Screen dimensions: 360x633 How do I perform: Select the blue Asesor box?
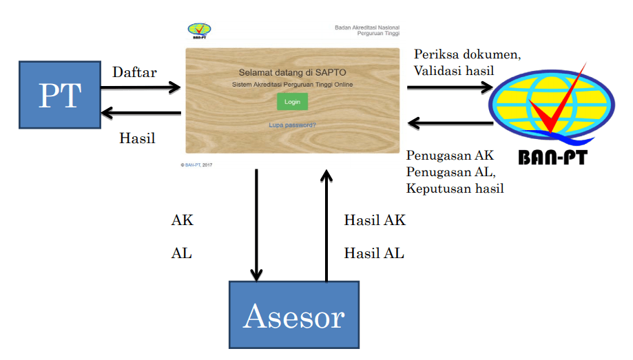(294, 315)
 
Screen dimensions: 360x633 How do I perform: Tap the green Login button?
(292, 102)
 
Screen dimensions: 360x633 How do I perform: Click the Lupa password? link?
(292, 125)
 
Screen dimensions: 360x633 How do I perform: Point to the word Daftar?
(135, 72)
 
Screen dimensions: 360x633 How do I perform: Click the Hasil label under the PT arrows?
(137, 138)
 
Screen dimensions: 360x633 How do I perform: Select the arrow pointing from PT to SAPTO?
(141, 87)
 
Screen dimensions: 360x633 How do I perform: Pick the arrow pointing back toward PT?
(141, 113)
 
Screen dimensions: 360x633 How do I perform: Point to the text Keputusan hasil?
(455, 188)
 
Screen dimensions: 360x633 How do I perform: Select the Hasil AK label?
(375, 220)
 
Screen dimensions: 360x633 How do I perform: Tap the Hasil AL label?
(374, 253)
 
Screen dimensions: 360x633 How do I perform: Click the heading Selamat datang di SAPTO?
(292, 72)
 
